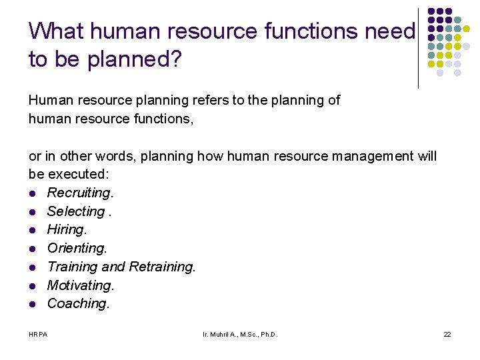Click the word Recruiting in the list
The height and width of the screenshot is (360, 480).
click(x=79, y=193)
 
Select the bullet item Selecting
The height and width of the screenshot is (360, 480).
click(x=75, y=211)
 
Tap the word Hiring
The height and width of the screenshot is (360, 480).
click(x=67, y=230)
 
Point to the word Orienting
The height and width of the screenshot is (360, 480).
click(x=76, y=249)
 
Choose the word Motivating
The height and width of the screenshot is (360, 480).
click(x=80, y=285)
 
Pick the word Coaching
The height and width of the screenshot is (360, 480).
click(x=77, y=303)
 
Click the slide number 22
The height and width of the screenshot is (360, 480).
click(x=447, y=333)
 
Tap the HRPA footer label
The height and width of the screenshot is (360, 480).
click(x=38, y=333)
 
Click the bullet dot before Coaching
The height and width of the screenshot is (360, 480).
click(x=33, y=304)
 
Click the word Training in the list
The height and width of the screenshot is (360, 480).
click(x=72, y=267)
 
